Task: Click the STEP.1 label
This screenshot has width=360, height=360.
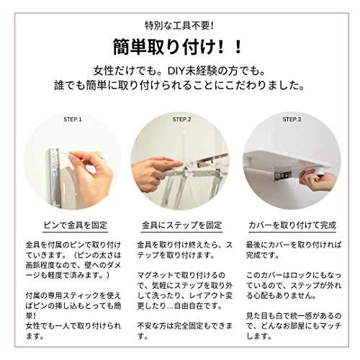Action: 73,119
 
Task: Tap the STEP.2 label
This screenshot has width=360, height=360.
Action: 179,119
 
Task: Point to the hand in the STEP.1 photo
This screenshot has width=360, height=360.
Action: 86,169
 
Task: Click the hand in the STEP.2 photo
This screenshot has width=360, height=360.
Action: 151,173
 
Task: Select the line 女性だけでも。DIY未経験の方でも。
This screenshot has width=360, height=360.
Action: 179,72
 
